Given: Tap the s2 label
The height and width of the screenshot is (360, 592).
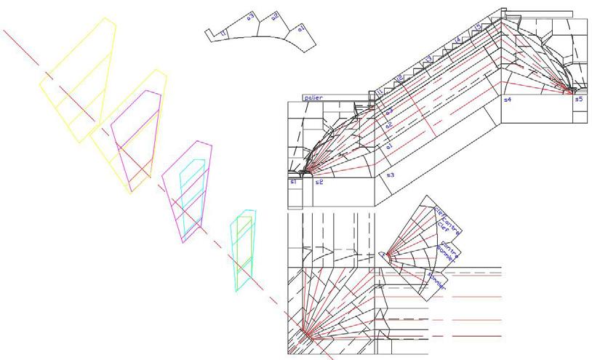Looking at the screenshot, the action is point(319,182).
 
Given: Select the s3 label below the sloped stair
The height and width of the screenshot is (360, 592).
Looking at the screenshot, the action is point(390,176).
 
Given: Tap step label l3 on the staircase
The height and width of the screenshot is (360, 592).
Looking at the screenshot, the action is point(428,57).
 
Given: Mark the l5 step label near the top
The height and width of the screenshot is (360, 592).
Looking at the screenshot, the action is point(478,28).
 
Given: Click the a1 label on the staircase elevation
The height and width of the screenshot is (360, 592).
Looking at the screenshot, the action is point(390,148).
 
